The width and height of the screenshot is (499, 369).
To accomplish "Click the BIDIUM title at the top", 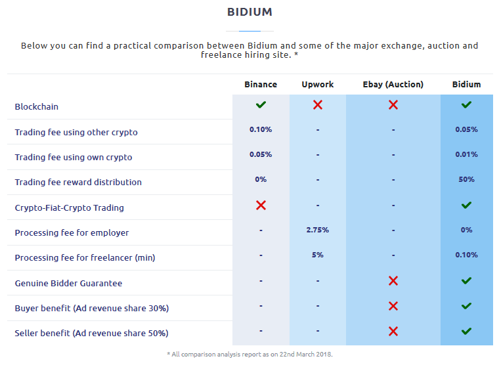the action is (249, 12).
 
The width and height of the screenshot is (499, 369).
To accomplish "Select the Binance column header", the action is (261, 84).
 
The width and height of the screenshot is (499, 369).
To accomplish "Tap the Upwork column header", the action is (318, 85).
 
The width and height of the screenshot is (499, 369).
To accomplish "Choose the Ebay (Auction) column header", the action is (393, 85).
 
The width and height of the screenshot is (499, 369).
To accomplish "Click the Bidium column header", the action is (467, 84).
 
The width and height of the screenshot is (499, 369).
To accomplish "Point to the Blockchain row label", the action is (37, 106).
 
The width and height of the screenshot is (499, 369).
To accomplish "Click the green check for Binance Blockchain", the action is (261, 105).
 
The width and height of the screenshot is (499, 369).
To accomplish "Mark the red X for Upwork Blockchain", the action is (318, 105).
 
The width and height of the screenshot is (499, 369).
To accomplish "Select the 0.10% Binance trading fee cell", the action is (261, 129).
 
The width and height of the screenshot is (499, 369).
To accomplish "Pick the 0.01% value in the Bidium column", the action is (467, 154).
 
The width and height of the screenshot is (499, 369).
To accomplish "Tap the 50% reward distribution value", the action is (467, 179).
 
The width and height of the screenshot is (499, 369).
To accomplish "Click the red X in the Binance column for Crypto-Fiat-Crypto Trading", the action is (261, 206).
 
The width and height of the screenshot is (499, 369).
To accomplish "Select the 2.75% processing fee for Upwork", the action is (318, 230).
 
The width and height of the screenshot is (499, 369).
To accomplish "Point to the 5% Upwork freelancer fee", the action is (318, 255).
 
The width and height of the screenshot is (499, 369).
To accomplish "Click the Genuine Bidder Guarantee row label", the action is (68, 284).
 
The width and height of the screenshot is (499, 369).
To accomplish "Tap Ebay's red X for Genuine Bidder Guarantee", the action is (393, 281).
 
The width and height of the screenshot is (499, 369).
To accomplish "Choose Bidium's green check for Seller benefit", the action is (467, 332).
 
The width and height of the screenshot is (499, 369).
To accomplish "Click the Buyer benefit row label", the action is (92, 308).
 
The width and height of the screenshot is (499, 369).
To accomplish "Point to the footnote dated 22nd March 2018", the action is (249, 355).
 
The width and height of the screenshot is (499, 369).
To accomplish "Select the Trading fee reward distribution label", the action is (78, 182).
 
